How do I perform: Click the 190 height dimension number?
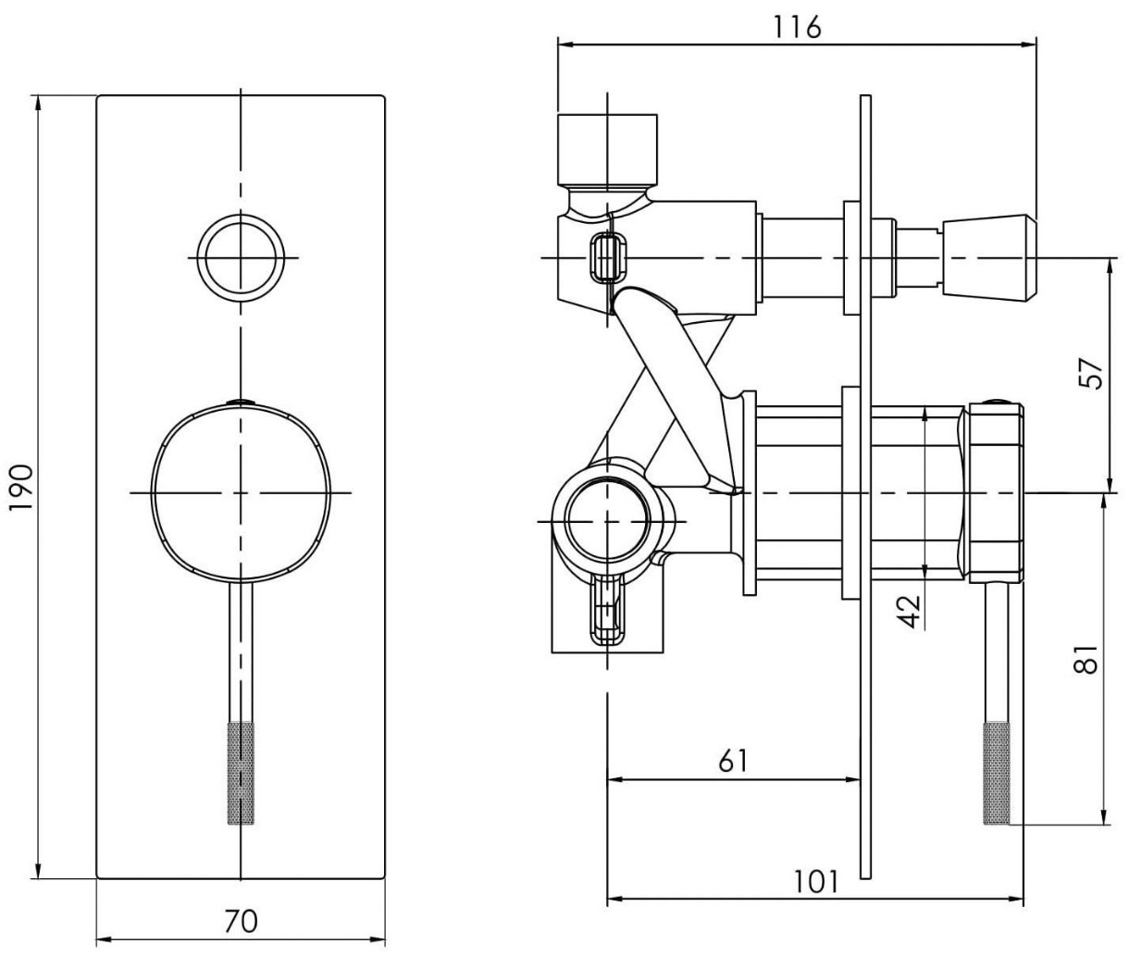[x=22, y=488]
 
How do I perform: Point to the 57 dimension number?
[x=1090, y=373]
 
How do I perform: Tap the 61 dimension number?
[x=733, y=761]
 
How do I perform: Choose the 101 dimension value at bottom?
[x=815, y=881]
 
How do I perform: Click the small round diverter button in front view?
[x=241, y=257]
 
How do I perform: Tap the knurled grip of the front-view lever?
[x=241, y=774]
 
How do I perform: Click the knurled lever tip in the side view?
[x=997, y=774]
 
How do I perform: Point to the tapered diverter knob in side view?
[x=989, y=257]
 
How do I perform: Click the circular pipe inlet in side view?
[x=608, y=521]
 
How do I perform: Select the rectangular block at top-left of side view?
[x=607, y=150]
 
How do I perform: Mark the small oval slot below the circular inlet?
[x=607, y=610]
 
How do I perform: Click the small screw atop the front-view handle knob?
[x=241, y=403]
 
